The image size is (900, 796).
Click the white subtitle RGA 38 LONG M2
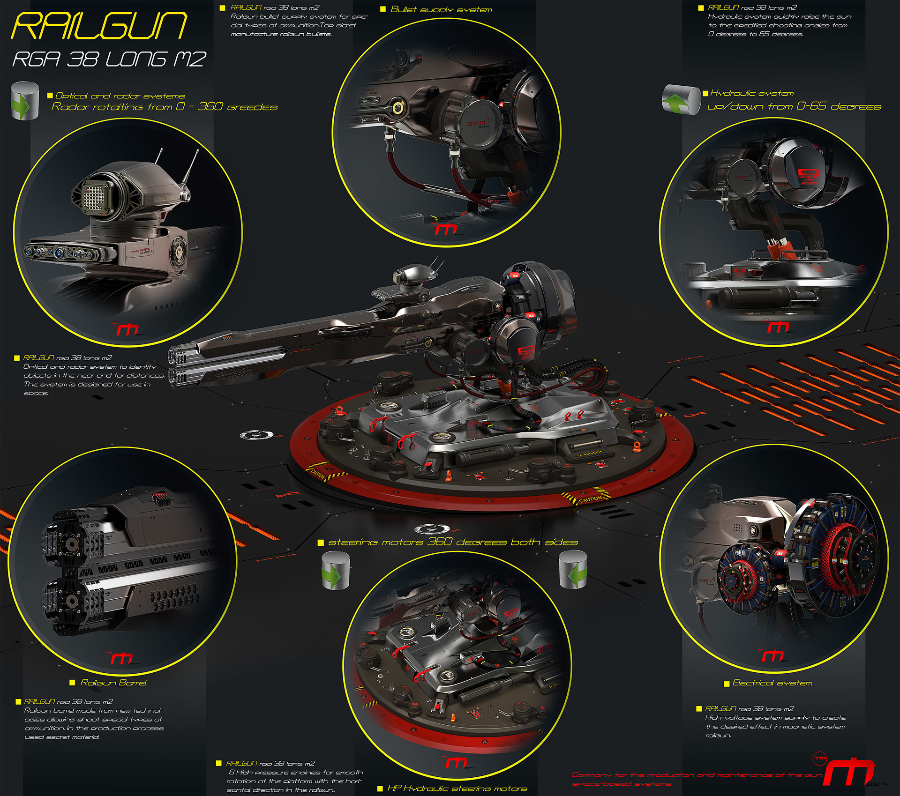click(109, 60)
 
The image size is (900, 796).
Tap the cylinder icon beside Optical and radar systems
click(24, 101)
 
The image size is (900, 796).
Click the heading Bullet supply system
click(441, 9)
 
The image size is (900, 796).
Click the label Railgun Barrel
click(113, 683)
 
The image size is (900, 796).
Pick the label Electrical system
click(772, 683)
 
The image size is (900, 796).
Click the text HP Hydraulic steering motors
click(457, 789)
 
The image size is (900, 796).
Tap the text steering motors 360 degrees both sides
click(453, 542)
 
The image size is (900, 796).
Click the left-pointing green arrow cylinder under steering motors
click(573, 570)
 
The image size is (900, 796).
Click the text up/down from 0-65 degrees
click(794, 106)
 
